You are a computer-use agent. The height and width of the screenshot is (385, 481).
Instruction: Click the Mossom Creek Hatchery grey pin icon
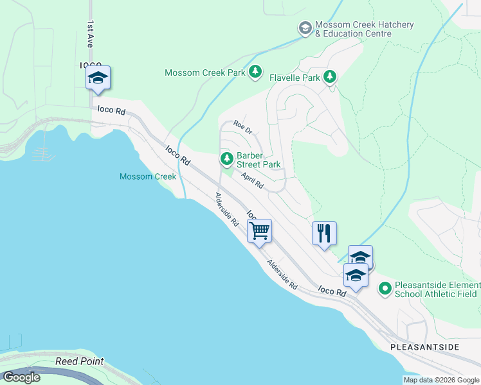tap(305, 28)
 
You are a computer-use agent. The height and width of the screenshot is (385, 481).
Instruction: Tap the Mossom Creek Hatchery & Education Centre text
tap(365, 29)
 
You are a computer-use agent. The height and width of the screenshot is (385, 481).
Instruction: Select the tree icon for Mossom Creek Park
tap(255, 72)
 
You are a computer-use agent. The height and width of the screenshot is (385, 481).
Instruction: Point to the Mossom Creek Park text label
tap(205, 73)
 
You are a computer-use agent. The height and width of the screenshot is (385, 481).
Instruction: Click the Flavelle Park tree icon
tap(330, 78)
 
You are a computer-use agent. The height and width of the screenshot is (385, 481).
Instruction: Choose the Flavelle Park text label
tap(295, 78)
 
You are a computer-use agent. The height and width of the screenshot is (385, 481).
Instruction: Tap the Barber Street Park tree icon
tap(226, 158)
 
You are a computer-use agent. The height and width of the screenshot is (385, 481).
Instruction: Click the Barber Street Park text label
tap(259, 160)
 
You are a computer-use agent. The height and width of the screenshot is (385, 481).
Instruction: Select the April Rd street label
tap(252, 180)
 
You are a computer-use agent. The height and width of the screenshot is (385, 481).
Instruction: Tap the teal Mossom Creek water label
tap(147, 176)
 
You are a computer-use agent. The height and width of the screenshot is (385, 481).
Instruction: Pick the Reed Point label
tap(80, 361)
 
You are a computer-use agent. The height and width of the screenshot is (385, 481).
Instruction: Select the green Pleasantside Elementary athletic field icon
tap(385, 289)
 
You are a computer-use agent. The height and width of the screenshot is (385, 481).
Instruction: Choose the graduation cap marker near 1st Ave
tap(98, 78)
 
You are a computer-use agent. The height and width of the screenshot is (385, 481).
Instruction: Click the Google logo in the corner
tap(21, 377)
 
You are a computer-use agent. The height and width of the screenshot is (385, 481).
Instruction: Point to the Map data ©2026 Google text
tap(441, 380)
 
